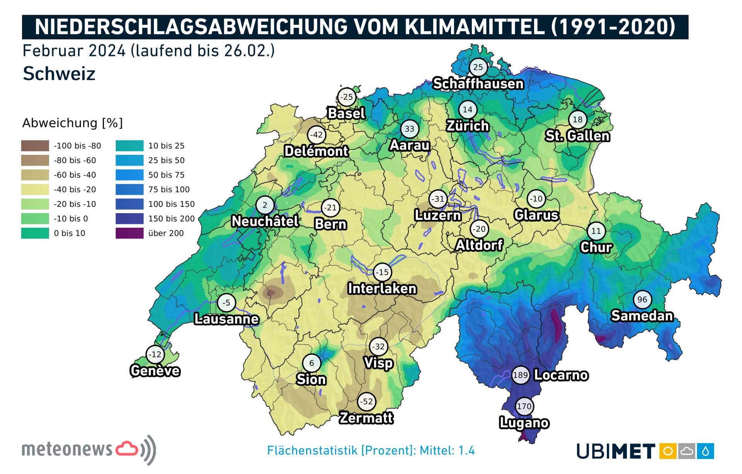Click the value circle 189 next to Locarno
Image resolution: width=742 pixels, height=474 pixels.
click(x=520, y=375)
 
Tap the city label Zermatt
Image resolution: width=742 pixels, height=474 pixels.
click(x=366, y=418)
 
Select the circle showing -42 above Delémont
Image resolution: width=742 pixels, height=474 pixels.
click(x=317, y=135)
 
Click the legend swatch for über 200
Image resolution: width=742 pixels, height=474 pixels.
click(x=129, y=233)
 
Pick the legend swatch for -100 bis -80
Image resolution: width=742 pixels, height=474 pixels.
click(x=35, y=146)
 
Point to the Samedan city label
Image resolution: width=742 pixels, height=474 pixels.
click(x=642, y=316)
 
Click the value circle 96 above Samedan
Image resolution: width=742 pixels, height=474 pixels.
click(x=642, y=300)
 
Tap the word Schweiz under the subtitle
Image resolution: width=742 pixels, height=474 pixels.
click(x=59, y=74)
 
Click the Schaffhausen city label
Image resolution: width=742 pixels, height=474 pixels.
click(x=478, y=83)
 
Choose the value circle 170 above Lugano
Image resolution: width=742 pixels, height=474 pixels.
click(x=524, y=406)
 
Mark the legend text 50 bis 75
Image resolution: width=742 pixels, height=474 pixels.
click(x=166, y=175)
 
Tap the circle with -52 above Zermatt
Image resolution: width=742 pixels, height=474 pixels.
click(x=366, y=402)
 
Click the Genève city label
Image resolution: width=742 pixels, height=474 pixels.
click(x=155, y=371)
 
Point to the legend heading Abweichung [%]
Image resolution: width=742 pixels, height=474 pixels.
click(x=72, y=123)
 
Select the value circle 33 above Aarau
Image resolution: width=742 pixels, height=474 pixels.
click(x=410, y=129)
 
